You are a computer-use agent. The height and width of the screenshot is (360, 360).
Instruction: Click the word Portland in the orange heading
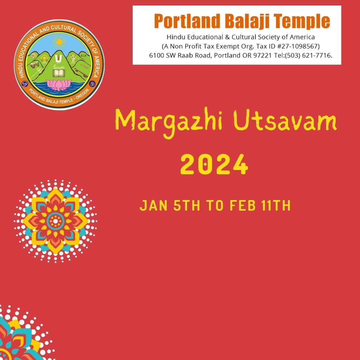[x=187, y=21]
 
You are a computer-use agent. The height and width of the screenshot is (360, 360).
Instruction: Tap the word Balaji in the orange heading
[x=247, y=21]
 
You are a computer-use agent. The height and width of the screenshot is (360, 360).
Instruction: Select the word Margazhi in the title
[x=169, y=122]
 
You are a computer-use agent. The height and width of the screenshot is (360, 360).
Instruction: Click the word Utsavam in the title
[x=285, y=121]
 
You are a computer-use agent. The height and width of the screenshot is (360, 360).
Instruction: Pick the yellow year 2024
[x=214, y=164]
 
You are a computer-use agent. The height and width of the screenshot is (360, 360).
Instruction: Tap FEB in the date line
[x=243, y=205]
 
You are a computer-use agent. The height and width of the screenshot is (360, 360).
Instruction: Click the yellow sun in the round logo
[x=59, y=42]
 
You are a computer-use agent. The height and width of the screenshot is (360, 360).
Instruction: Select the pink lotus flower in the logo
[x=59, y=85]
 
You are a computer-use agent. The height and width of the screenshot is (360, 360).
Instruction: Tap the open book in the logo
[x=59, y=73]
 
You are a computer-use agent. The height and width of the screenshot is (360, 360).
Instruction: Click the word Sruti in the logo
[x=59, y=67]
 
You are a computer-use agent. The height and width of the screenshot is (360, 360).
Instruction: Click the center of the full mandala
[x=55, y=221]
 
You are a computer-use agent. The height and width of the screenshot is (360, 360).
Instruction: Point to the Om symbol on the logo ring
[x=92, y=84]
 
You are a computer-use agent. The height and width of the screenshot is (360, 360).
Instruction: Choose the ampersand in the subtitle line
[x=227, y=37]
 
